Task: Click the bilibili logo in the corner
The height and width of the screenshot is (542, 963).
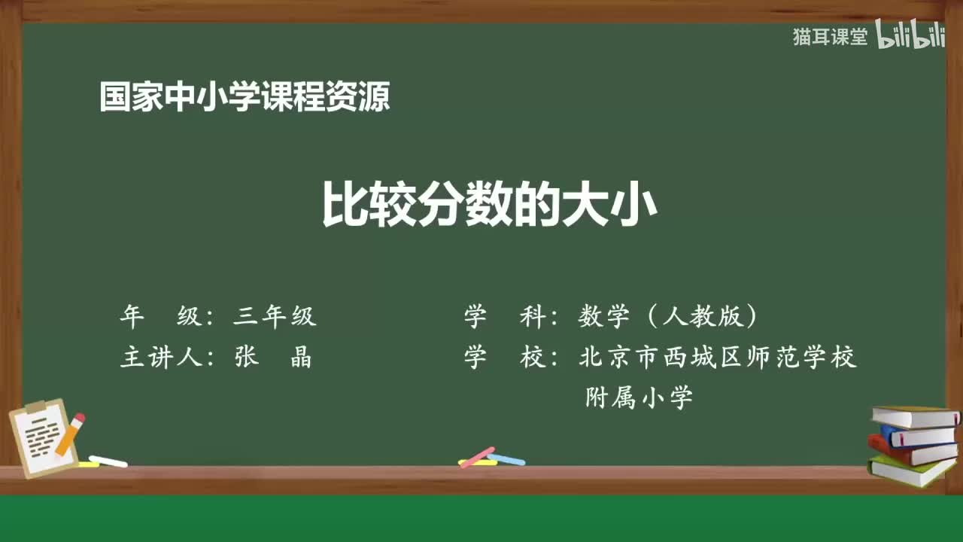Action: [910, 37]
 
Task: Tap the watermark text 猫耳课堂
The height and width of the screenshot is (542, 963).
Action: [830, 37]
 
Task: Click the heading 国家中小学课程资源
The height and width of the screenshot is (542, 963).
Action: [245, 98]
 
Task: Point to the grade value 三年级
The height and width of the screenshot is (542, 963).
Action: [275, 317]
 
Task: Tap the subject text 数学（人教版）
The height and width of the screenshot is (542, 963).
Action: [668, 317]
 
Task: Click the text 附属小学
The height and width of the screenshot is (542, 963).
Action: [639, 397]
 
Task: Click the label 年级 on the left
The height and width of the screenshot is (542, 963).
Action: [161, 317]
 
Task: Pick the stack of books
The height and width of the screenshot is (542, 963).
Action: [913, 445]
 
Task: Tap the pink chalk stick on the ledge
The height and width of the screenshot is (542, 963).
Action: [477, 457]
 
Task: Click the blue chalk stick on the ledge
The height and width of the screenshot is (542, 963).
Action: [506, 459]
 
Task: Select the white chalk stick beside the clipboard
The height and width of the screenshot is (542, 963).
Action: [108, 461]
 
